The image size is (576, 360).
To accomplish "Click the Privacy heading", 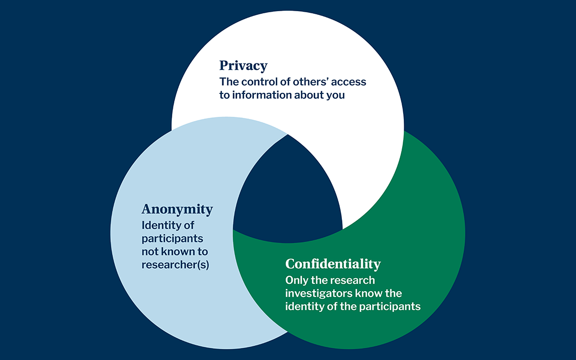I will pos(243,66).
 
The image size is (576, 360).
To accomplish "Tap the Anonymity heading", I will pos(177,210).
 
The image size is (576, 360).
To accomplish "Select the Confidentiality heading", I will pos(333,264).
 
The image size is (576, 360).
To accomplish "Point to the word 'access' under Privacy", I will pos(348,83).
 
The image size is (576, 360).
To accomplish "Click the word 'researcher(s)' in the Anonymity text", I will pos(175,265).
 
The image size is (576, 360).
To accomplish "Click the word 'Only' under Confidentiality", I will pos(296,280).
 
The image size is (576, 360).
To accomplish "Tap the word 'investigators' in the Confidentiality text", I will pos(317,293).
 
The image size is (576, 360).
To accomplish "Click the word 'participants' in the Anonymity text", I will pos(172,238).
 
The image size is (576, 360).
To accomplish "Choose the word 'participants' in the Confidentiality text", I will pos(393,307).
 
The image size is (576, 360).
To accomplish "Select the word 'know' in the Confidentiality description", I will pos(372,293).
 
